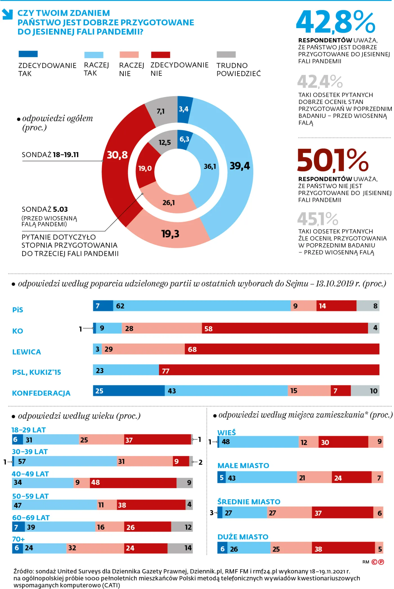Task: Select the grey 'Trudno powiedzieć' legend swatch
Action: (226, 54)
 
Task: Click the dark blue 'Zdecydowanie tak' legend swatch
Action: (28, 54)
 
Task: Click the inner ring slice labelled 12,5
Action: (164, 142)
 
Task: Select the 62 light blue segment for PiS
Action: (201, 306)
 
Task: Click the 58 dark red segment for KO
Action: (284, 328)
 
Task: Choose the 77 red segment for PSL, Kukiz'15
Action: (269, 370)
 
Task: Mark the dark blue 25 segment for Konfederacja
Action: (129, 391)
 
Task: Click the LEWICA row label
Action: (26, 352)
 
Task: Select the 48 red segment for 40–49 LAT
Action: (133, 483)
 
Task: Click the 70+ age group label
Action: (18, 539)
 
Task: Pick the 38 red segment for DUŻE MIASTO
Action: (343, 548)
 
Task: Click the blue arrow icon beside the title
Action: (8, 14)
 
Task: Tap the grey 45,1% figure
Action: (317, 219)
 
